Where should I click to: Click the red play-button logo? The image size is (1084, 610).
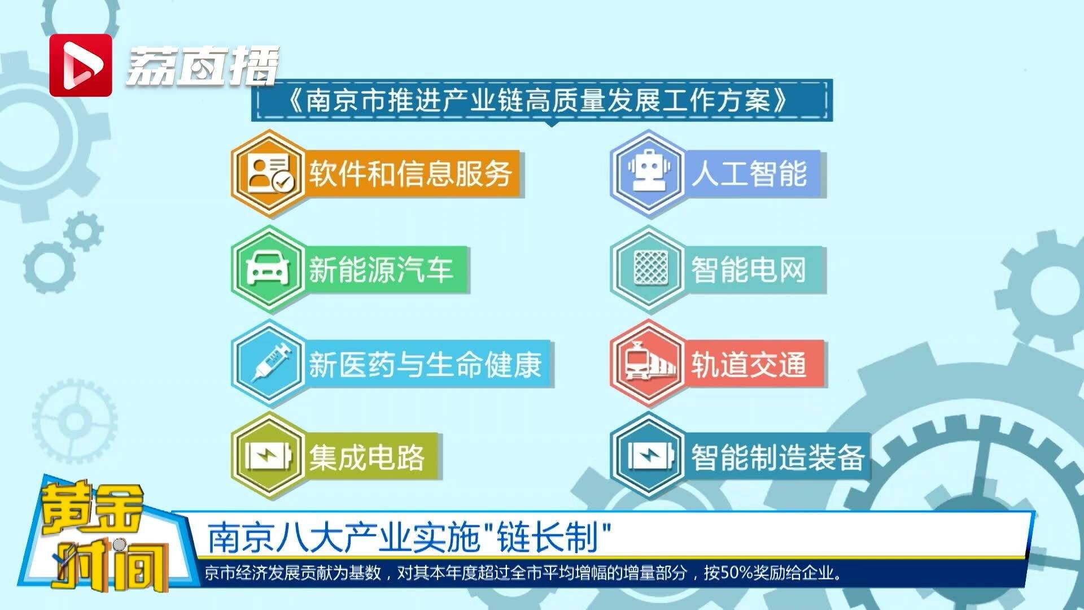pyautogui.click(x=81, y=65)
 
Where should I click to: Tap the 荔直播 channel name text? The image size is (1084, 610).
pyautogui.click(x=202, y=66)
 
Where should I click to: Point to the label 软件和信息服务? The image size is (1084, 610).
pyautogui.click(x=410, y=173)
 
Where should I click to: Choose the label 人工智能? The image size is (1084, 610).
pyautogui.click(x=750, y=173)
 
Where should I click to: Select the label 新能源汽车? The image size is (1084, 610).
pyautogui.click(x=381, y=269)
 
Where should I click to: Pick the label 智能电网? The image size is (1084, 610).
pyautogui.click(x=749, y=269)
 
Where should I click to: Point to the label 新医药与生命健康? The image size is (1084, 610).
pyautogui.click(x=425, y=364)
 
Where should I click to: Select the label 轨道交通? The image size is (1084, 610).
pyautogui.click(x=749, y=364)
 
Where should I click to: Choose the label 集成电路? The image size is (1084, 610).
pyautogui.click(x=367, y=457)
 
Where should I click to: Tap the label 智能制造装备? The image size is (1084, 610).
pyautogui.click(x=779, y=457)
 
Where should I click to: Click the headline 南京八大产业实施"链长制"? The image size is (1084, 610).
pyautogui.click(x=410, y=537)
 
